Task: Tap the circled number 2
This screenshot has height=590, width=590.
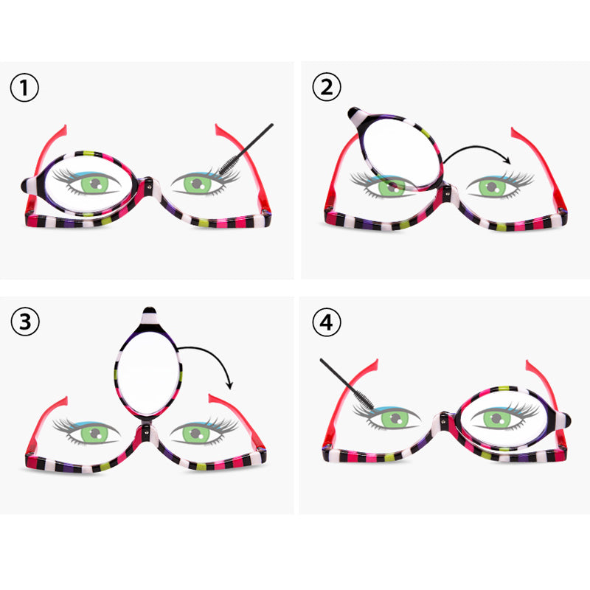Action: (x=327, y=88)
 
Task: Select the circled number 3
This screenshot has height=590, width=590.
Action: (x=24, y=322)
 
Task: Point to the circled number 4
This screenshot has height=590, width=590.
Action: (x=327, y=322)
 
